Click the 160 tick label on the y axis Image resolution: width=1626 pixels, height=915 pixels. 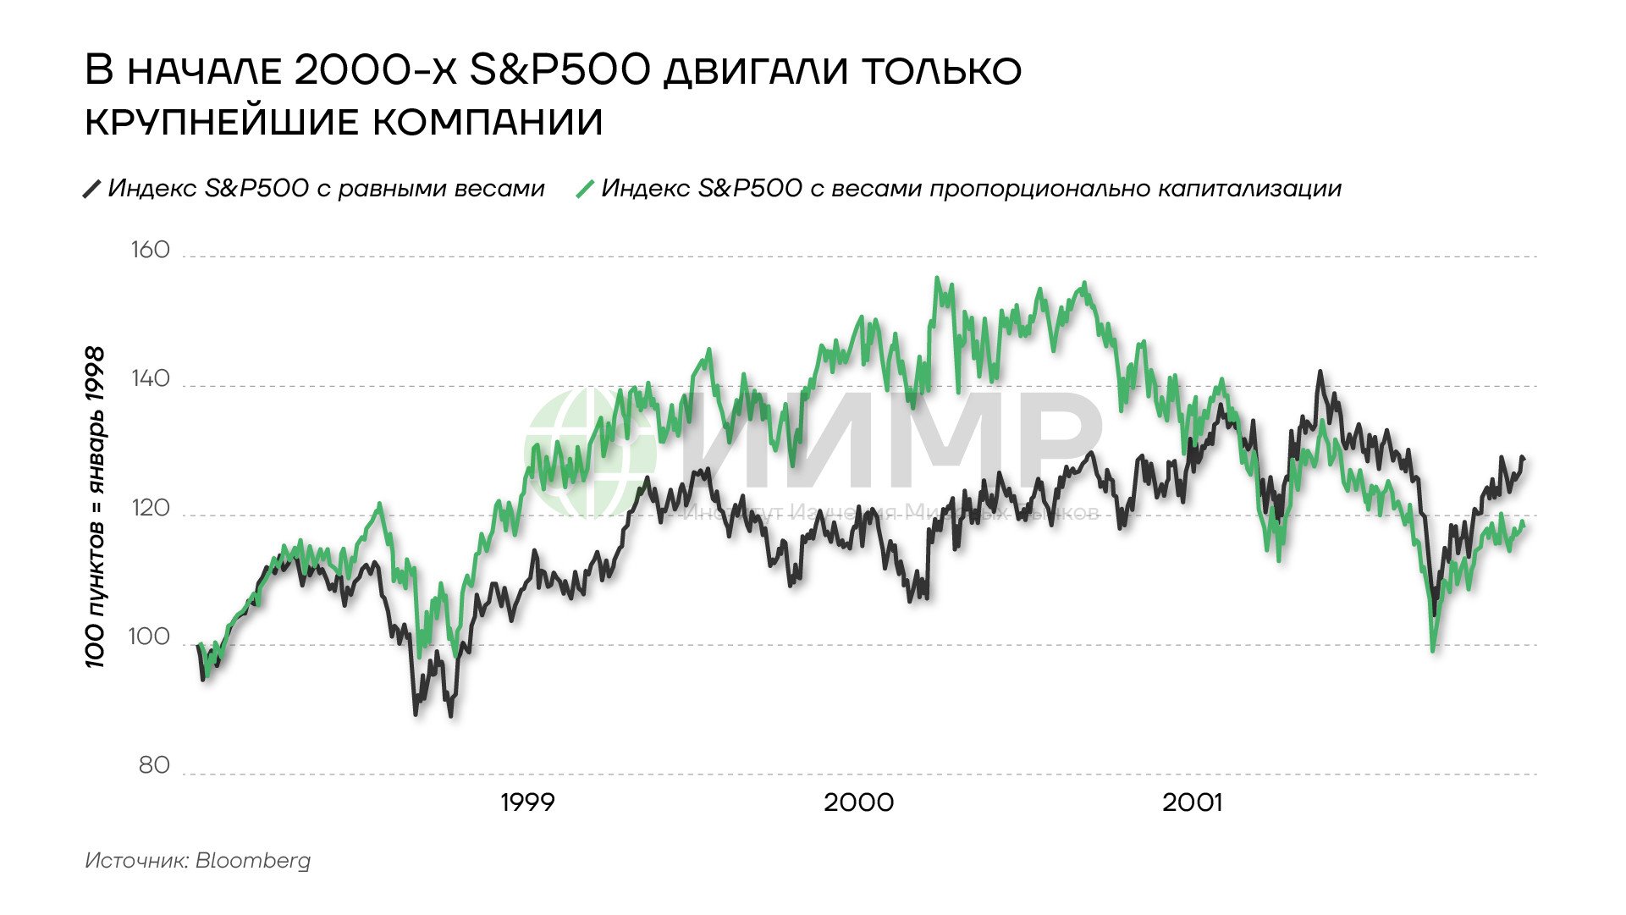[x=150, y=251]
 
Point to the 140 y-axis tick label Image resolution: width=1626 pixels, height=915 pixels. [x=150, y=379]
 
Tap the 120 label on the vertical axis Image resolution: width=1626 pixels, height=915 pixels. [x=150, y=509]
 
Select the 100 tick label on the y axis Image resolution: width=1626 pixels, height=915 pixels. [x=149, y=637]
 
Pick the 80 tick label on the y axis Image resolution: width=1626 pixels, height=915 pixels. [x=154, y=766]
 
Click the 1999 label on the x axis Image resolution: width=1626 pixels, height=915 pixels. [x=527, y=802]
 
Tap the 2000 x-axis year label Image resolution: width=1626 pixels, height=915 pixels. [x=858, y=802]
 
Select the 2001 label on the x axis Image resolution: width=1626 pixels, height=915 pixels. [x=1192, y=802]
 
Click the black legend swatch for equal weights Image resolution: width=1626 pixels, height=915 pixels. [x=91, y=189]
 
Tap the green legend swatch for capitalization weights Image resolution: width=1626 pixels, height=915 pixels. [x=585, y=189]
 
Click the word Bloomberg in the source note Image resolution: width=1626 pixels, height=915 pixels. [x=253, y=861]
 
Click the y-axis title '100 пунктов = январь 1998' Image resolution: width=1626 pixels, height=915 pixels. [x=96, y=508]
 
